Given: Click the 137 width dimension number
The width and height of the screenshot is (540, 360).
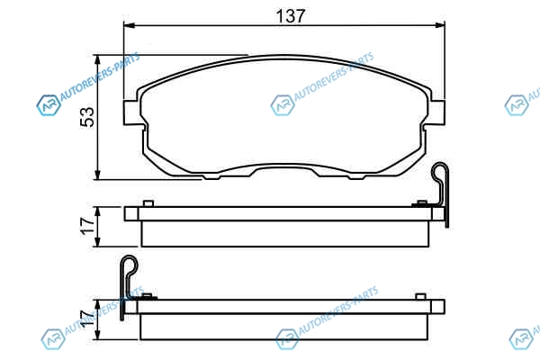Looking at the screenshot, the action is click(291, 16).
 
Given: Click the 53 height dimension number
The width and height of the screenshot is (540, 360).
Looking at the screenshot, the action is click(87, 117).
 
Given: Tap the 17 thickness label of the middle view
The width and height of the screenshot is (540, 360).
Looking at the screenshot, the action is click(87, 226).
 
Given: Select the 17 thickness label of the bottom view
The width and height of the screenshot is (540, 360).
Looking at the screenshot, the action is click(87, 319).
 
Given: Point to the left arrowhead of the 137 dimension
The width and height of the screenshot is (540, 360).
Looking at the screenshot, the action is click(129, 25).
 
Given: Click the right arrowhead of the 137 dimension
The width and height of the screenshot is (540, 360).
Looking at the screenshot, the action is click(440, 25).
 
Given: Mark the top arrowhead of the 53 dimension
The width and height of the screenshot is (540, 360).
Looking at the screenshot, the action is click(98, 60).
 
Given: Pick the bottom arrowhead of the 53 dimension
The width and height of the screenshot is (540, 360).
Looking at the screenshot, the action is click(98, 175).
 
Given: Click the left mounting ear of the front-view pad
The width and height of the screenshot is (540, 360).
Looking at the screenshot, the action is click(132, 112).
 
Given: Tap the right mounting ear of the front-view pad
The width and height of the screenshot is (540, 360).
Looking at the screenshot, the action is click(436, 112).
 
